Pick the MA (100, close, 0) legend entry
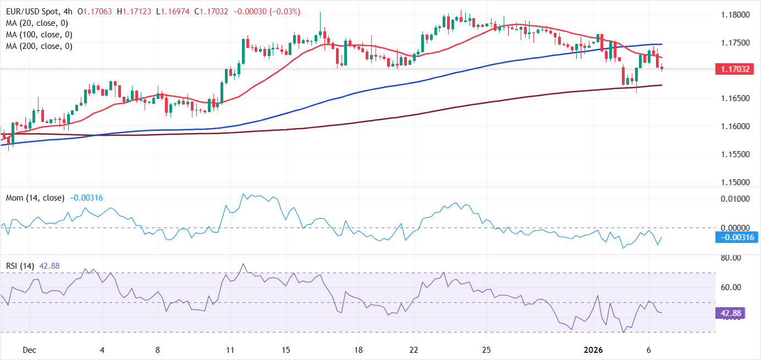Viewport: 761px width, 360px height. (x=40, y=35)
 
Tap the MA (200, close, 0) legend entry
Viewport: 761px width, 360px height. (x=40, y=46)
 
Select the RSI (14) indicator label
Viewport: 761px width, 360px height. (x=19, y=266)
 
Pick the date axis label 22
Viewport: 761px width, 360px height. (x=414, y=350)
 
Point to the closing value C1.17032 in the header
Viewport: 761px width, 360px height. (x=213, y=12)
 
